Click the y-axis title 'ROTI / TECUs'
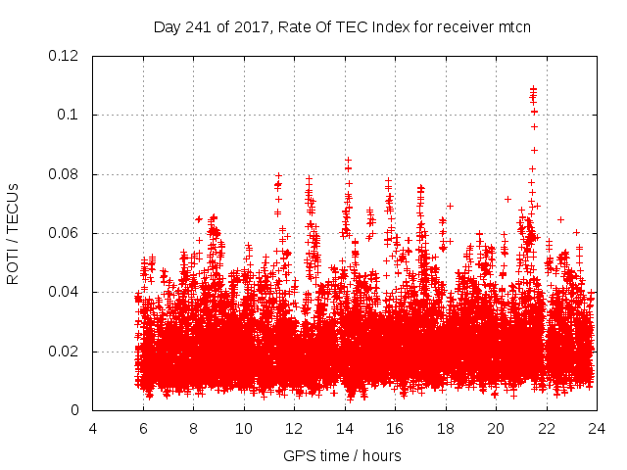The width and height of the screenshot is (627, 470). point(13,233)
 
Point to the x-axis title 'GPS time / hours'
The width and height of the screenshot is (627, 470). point(342,455)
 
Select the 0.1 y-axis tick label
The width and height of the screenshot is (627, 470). point(71,115)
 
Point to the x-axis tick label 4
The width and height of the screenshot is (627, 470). point(93,428)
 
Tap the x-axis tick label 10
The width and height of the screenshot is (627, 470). point(244,428)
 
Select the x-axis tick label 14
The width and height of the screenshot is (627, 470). point(345,428)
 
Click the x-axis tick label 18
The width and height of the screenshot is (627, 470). point(446,428)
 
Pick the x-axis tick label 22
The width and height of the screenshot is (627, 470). point(547,428)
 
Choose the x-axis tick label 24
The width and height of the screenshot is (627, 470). point(597,428)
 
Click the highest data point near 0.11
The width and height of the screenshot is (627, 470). point(533,89)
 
